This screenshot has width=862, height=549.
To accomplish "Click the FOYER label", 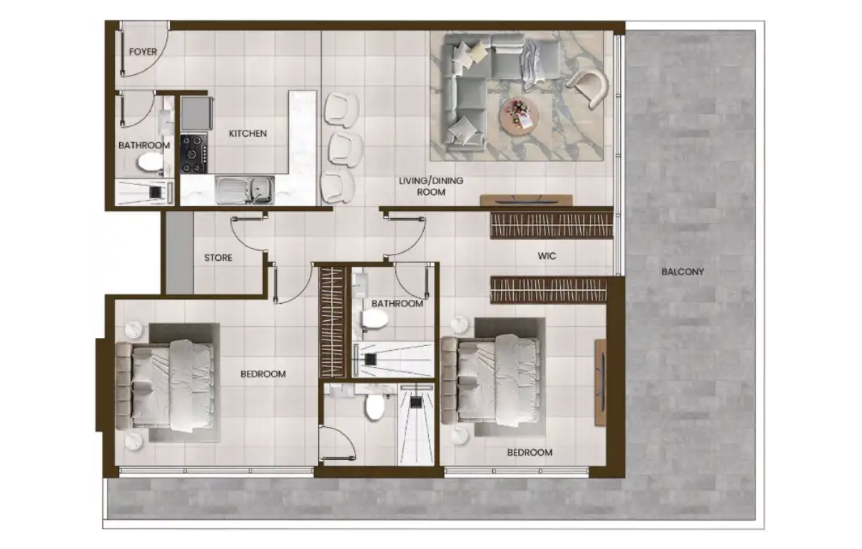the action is click(143, 51).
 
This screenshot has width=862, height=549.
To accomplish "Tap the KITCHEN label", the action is click(248, 133).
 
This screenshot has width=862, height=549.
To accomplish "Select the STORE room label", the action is click(218, 257).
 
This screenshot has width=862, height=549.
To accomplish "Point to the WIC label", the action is click(547, 256).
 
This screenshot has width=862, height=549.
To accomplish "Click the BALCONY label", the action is click(683, 272).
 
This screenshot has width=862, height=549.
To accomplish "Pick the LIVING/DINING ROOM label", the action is click(431, 186).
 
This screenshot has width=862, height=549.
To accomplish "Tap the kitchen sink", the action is click(245, 190).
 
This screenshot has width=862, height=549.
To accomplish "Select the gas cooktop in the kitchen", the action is click(194, 153).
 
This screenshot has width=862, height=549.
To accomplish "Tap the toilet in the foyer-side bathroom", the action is click(149, 163).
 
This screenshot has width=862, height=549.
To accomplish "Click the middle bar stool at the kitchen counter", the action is click(345, 150).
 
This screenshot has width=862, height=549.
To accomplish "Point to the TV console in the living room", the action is click(526, 200).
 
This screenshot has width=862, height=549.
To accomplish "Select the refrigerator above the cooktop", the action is click(197, 113).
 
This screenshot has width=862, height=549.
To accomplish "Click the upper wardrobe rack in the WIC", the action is click(552, 225).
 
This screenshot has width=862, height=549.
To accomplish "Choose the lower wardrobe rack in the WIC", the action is click(548, 290).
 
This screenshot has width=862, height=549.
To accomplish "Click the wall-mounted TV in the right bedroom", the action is click(600, 383).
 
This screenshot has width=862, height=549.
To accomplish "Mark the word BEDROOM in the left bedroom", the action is click(263, 374).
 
